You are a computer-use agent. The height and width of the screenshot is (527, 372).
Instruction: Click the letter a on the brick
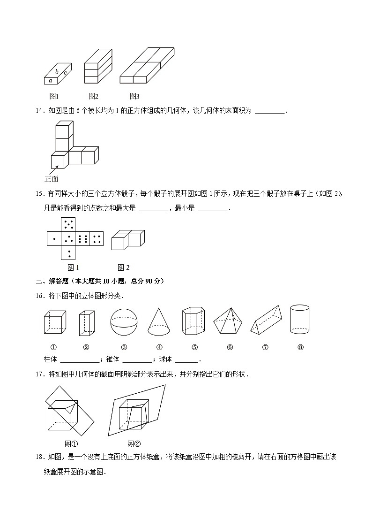point(50,81)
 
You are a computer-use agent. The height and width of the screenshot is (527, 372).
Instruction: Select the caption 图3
point(134,97)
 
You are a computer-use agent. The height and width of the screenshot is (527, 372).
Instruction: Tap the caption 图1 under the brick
point(54,97)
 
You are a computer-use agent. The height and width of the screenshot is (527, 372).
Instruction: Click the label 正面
point(52,179)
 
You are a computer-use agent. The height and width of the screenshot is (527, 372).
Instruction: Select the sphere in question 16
point(124,321)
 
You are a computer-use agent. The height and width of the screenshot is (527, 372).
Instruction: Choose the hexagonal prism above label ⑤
point(194,321)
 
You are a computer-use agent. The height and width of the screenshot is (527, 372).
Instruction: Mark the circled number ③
point(124,348)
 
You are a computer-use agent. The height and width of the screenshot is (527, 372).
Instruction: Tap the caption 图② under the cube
point(134,444)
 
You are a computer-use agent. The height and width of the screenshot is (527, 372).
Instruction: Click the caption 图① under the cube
point(71,444)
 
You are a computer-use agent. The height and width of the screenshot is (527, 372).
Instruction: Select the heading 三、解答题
point(52,281)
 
